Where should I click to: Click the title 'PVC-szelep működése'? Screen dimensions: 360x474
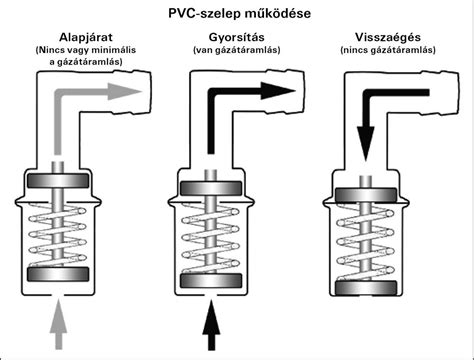click(x=237, y=13)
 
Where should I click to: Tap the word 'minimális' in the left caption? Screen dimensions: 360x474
click(x=113, y=49)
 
